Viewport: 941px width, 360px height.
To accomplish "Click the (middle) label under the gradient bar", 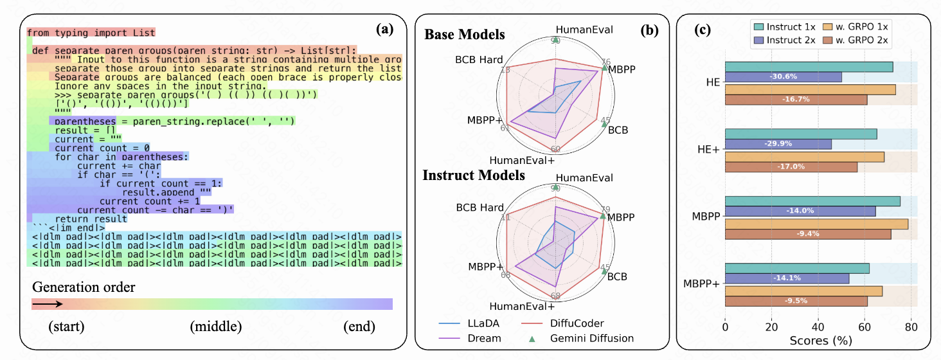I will coord(216,327).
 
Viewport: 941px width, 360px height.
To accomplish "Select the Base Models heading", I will coord(464,34).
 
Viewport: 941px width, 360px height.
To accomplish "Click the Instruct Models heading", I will coord(474,175).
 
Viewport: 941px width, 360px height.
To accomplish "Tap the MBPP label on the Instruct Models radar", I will coord(621,217).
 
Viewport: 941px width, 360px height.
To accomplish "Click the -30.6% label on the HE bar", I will coord(783,76).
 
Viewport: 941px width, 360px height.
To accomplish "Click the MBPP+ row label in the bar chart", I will coord(702,283).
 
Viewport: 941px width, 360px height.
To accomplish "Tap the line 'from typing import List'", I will coord(91,33).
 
